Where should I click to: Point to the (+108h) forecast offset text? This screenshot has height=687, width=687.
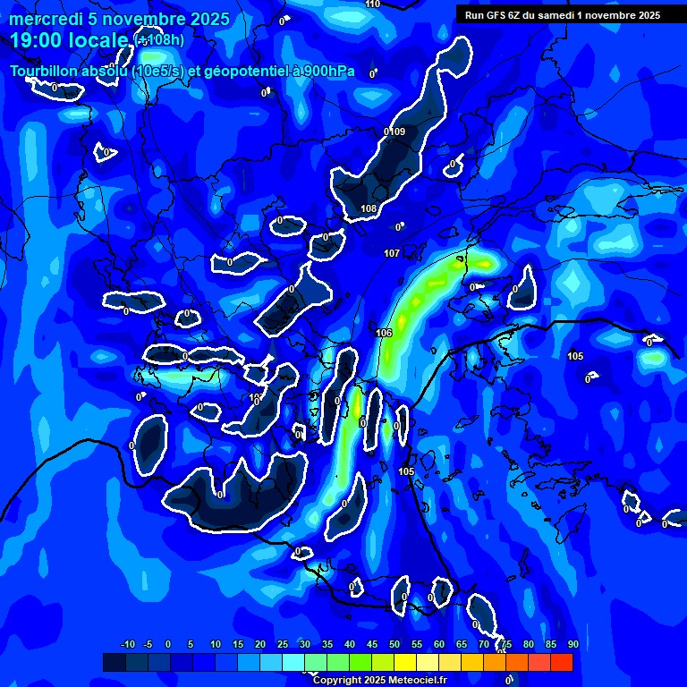[x=161, y=40]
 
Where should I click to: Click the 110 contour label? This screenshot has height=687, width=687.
[x=373, y=4]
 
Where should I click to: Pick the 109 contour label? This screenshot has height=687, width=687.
[x=395, y=131]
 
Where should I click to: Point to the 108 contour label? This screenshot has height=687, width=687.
[x=369, y=209]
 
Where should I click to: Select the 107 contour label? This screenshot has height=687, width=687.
[x=392, y=254]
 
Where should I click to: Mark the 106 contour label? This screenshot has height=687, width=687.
[x=385, y=333]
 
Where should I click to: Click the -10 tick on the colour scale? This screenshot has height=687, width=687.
[x=127, y=644]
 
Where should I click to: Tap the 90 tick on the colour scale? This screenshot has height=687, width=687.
[x=572, y=644]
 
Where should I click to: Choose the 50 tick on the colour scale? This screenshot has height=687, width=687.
[x=394, y=644]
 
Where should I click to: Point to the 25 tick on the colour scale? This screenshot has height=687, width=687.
[x=283, y=644]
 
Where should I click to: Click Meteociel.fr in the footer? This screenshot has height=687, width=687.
[x=418, y=680]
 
